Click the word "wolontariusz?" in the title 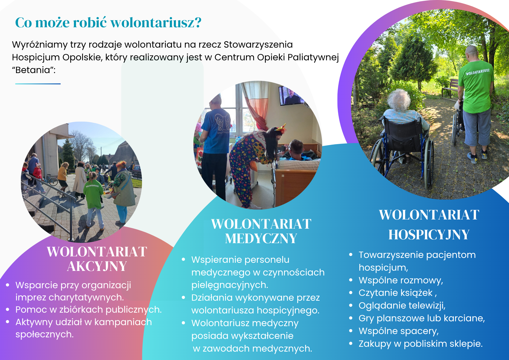coord(156,23)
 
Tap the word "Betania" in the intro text coord(33,70)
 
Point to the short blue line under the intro coord(38,84)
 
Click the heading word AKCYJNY coord(97,266)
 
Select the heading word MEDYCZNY coord(261,239)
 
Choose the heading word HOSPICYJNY coord(429,234)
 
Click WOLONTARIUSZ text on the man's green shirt coord(478,72)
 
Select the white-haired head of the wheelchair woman coord(399,100)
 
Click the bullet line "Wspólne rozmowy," coord(401,280)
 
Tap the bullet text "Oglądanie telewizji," coord(402,306)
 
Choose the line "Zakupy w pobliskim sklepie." coord(421,344)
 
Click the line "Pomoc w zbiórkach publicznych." coord(89,310)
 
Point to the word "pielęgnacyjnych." coord(230,285)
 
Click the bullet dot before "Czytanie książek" coord(351,293)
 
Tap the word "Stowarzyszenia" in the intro coord(258,45)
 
